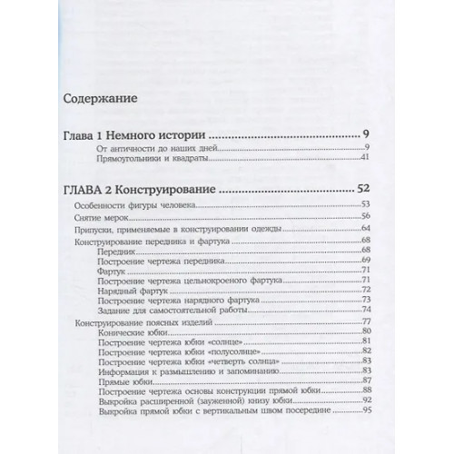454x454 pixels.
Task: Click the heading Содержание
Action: tap(99, 96)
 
